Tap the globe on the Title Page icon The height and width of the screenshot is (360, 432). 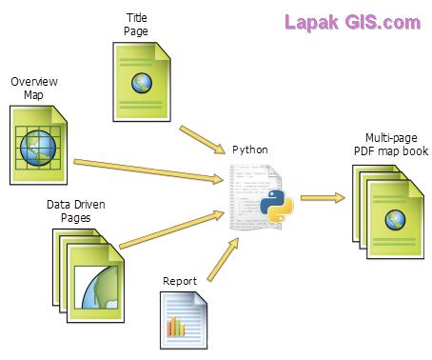pos(143,83)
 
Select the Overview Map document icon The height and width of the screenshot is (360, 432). pos(38,145)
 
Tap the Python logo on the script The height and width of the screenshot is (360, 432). pos(276,206)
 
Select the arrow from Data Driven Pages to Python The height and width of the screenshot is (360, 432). pos(175,225)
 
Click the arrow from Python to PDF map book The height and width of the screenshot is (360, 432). pos(322,199)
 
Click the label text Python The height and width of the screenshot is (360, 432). pos(250,150)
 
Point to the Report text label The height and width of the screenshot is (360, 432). pos(179,281)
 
